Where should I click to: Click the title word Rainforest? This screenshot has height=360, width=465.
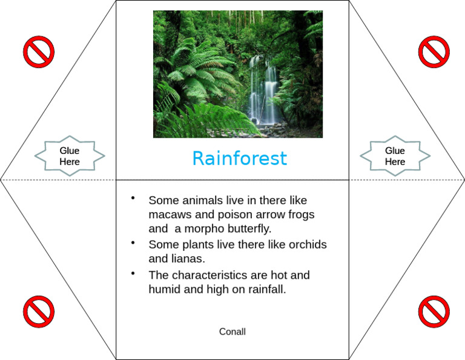click(239, 159)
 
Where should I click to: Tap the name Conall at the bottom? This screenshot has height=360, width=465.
click(232, 332)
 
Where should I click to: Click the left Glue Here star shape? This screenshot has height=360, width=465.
click(69, 156)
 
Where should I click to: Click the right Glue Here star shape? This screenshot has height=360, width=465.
click(395, 156)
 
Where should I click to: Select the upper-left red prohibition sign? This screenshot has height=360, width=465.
click(39, 52)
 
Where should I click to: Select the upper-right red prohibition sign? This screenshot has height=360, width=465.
click(434, 52)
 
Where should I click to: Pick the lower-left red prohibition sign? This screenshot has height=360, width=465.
click(39, 312)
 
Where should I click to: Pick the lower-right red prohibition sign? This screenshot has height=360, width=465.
click(434, 312)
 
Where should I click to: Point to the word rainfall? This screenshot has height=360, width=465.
click(266, 290)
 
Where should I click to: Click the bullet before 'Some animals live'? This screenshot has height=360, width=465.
click(133, 198)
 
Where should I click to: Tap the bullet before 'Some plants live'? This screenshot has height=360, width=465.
click(133, 242)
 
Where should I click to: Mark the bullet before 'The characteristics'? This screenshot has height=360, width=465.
click(133, 273)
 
